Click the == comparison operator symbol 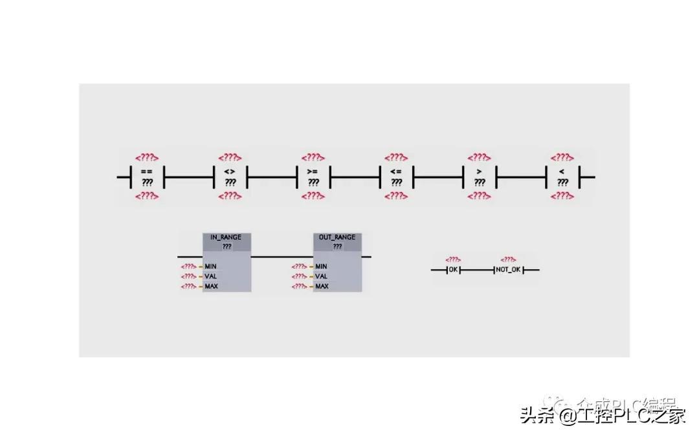147,171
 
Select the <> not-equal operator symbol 230,171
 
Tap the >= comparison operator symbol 313,171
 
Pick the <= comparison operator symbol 396,171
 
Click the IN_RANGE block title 226,237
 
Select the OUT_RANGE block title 337,237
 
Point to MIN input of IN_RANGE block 211,266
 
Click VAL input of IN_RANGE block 211,276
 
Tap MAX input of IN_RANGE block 211,286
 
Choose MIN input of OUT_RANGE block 321,266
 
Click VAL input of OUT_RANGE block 321,276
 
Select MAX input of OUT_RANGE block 321,286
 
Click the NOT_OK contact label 508,269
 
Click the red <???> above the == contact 147,157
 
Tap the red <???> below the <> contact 230,196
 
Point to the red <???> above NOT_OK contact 508,260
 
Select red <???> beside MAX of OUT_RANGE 299,286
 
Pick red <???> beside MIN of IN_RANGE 188,266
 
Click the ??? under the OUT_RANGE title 337,246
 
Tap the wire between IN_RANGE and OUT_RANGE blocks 282,256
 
